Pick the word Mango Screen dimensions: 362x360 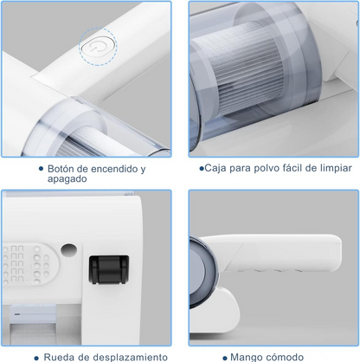point(248,356)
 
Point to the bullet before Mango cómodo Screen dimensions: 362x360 point(225,356)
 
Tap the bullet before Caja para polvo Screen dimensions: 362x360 point(202,169)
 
